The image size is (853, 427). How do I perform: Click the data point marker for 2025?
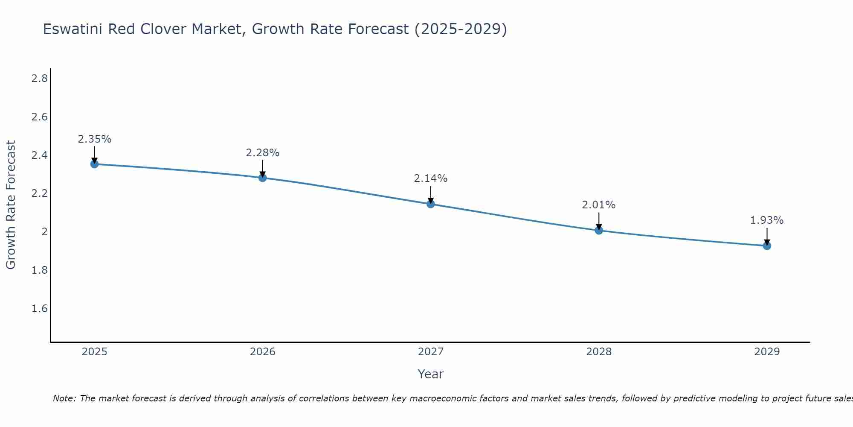coord(95,164)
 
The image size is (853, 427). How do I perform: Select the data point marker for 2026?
coord(263,178)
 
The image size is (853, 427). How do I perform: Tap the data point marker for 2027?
coord(431,204)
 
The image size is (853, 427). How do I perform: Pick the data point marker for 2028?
coord(599,231)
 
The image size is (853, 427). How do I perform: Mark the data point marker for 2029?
coord(767,246)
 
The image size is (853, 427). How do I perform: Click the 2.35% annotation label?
coord(95,139)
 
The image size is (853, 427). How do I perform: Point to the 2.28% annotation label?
coord(263,153)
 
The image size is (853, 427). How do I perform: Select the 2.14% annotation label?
coord(431,178)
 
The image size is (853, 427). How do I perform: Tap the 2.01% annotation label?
coord(599,205)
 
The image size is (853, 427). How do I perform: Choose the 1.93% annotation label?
coord(767,220)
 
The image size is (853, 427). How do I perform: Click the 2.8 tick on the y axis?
coord(40,79)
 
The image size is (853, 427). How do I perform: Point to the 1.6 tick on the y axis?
coord(40,309)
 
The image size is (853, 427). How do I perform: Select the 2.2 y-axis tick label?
coord(40,193)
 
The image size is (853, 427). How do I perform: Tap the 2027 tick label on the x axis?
coord(431,352)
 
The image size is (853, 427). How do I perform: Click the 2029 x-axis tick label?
coord(767,352)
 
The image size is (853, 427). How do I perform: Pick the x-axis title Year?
coord(431,374)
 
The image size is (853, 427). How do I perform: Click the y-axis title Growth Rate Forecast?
coord(11,205)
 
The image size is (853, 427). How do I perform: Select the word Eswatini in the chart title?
coord(73,29)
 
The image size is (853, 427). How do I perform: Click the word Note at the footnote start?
coord(64,398)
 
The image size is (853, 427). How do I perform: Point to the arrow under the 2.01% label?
coord(599,221)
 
